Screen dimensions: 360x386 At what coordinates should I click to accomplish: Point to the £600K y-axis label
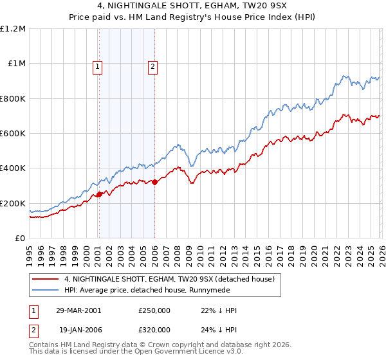13,134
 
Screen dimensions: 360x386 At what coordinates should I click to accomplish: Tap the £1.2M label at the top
13,29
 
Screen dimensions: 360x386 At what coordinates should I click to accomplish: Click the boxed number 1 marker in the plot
97,66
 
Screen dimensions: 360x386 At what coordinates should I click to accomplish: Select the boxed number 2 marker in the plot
153,66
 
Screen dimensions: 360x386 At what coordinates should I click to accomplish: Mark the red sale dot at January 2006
154,183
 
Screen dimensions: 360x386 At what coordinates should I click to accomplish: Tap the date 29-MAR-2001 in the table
78,310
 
